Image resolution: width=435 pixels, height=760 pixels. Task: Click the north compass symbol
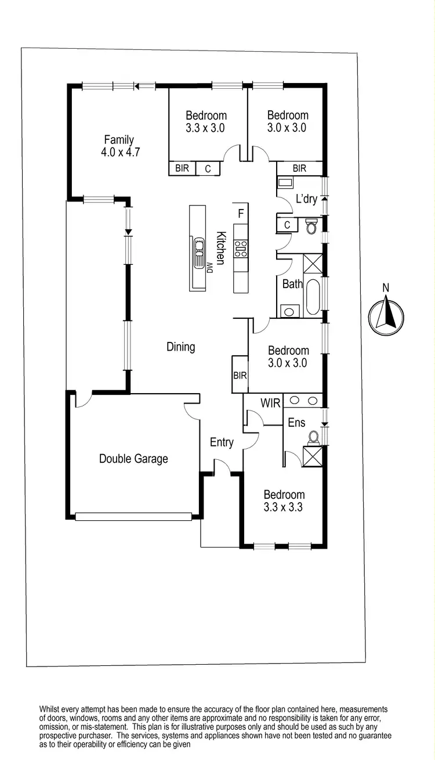click(x=386, y=316)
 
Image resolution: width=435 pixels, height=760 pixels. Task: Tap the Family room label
click(x=119, y=140)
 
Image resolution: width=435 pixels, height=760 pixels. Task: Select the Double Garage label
click(x=133, y=459)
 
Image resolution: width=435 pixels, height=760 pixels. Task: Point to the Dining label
click(x=180, y=347)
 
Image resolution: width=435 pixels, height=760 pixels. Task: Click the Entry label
click(x=222, y=442)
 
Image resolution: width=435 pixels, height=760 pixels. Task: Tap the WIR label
click(x=270, y=403)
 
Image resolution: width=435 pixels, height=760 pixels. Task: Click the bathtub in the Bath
click(x=313, y=297)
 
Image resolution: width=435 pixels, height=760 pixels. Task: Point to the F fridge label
click(x=240, y=213)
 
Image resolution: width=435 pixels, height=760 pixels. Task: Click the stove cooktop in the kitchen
click(x=240, y=248)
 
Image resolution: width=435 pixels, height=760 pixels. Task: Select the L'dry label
click(x=306, y=199)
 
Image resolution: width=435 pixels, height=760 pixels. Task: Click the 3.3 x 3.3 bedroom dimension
click(x=284, y=507)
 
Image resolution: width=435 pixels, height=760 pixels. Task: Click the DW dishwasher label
click(x=211, y=266)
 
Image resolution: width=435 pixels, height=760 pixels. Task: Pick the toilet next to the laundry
click(x=311, y=225)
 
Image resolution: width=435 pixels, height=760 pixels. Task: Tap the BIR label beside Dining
click(x=240, y=376)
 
